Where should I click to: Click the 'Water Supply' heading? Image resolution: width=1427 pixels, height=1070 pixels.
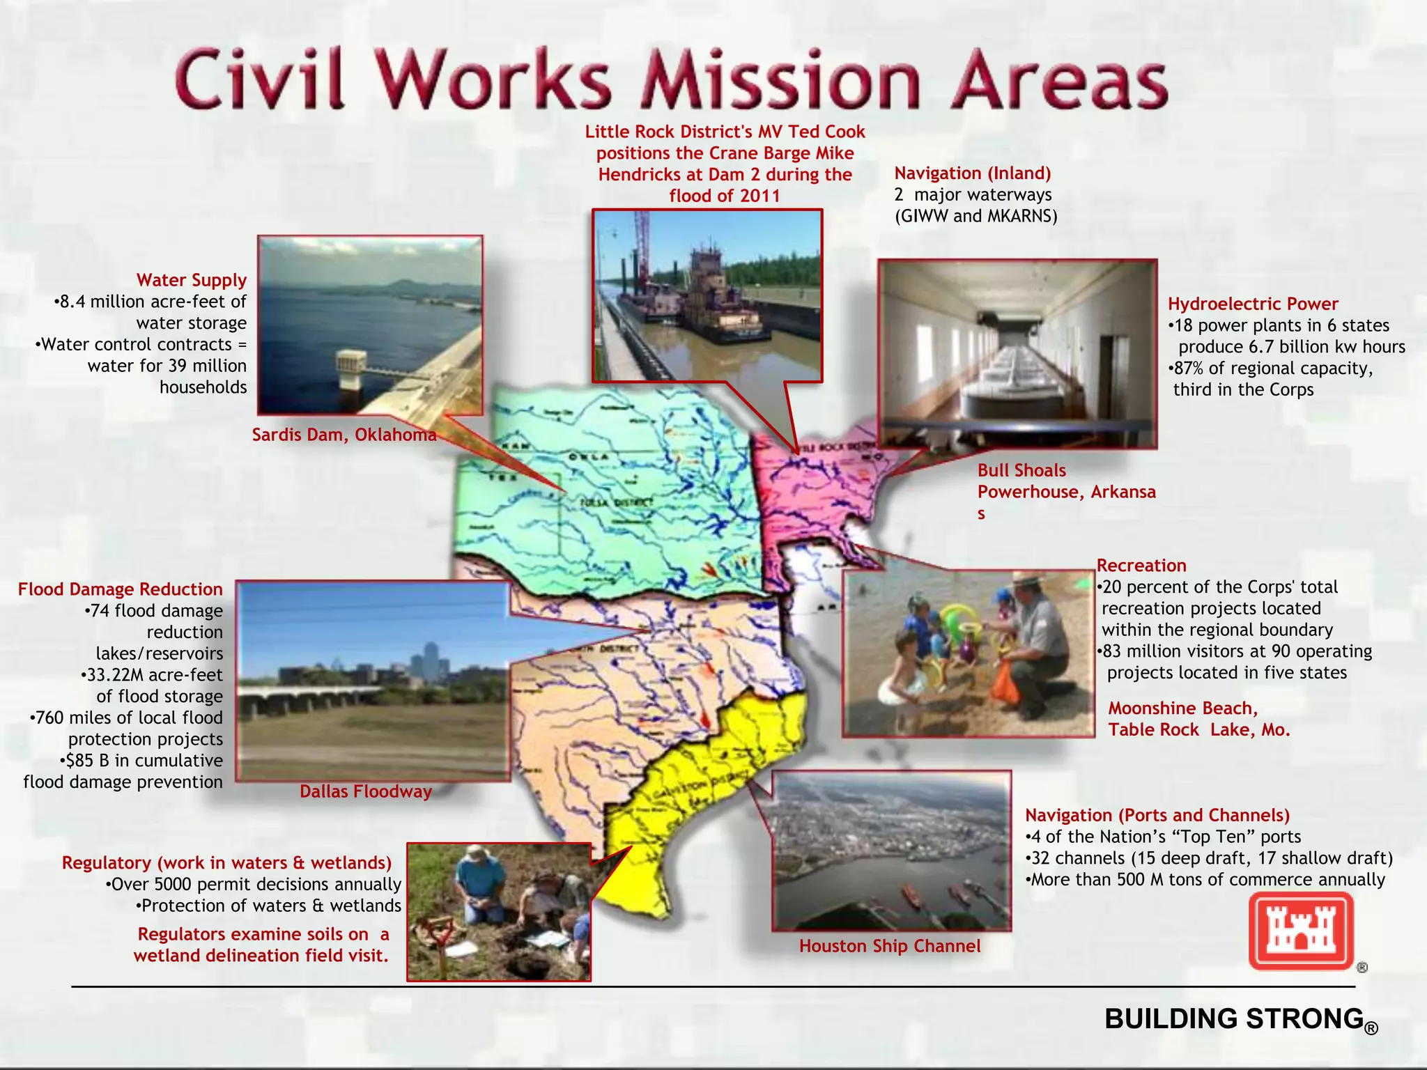click(192, 280)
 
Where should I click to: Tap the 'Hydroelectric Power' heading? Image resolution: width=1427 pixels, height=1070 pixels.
click(1253, 304)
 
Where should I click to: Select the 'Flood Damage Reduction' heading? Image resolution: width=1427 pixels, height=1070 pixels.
click(121, 589)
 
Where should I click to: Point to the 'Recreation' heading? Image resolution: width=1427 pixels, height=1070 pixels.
click(1141, 566)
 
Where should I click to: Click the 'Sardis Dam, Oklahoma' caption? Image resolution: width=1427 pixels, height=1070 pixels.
click(344, 435)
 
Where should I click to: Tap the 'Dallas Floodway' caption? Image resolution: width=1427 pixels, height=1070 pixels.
click(366, 791)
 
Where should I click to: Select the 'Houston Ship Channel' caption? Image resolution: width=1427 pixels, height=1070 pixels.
click(890, 946)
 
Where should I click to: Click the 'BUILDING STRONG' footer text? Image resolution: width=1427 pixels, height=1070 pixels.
click(1234, 1019)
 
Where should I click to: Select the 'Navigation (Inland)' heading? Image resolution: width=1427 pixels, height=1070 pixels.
click(973, 173)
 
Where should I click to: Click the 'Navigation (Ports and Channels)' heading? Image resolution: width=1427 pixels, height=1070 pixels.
click(1157, 816)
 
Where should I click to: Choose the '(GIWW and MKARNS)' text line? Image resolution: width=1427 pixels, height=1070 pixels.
click(975, 216)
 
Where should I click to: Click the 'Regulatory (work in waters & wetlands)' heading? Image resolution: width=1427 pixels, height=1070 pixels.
click(226, 863)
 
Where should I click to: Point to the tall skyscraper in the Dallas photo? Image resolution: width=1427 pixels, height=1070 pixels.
click(429, 658)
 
